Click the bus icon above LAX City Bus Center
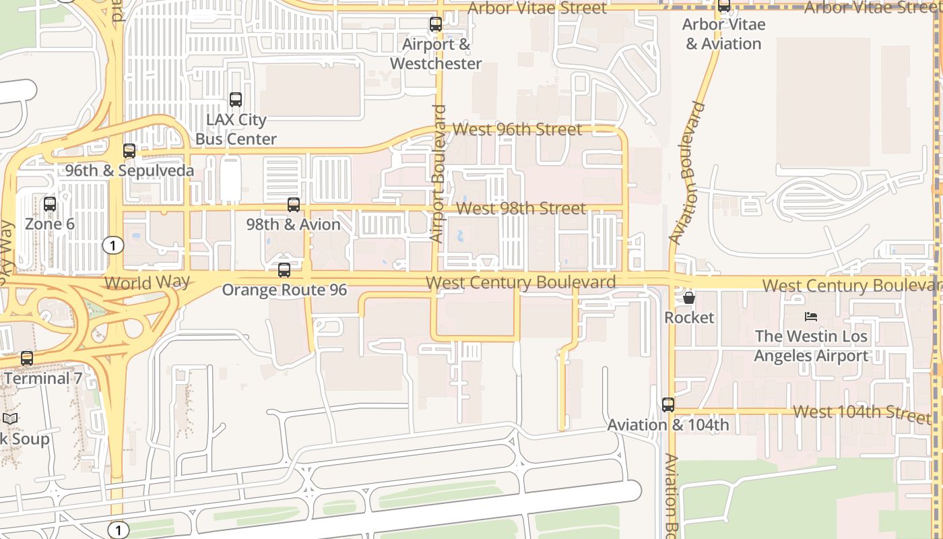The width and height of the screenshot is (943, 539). [236, 100]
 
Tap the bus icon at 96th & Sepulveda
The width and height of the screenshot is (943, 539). [129, 151]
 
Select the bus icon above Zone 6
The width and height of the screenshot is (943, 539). [50, 204]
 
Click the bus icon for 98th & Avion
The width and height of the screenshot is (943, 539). [294, 205]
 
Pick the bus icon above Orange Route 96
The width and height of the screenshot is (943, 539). [284, 270]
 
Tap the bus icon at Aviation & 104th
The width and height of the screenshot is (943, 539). [668, 405]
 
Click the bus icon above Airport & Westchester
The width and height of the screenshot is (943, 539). [436, 25]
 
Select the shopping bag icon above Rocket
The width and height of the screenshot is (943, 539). [689, 297]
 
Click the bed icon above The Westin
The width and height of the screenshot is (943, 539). [811, 316]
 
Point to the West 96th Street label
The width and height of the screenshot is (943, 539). [517, 129]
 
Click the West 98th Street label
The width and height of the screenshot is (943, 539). [521, 208]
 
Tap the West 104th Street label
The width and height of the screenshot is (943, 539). [861, 412]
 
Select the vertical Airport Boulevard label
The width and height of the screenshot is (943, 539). [438, 173]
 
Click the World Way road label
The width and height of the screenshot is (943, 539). [148, 282]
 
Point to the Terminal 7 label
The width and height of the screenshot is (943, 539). [42, 378]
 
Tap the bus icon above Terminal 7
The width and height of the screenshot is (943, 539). [27, 358]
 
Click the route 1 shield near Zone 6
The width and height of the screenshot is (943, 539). [113, 245]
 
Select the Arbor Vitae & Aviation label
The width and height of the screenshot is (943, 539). [723, 34]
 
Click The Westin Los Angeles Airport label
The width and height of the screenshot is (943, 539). [811, 346]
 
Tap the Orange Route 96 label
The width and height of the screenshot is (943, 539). [284, 290]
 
